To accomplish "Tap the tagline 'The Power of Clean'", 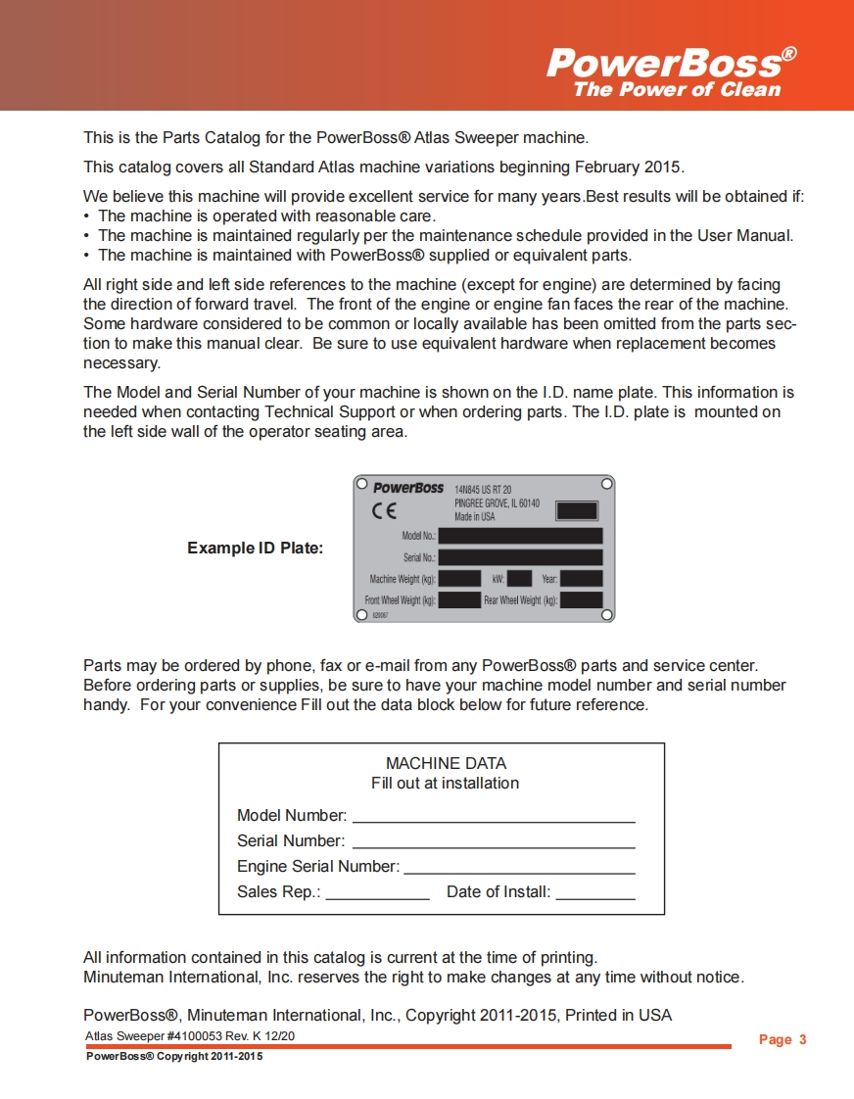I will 677,90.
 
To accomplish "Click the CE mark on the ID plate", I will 384,510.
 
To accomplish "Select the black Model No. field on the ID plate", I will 520,536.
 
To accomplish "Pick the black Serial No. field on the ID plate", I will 520,557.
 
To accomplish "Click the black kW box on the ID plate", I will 519,579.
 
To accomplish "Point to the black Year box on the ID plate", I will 581,579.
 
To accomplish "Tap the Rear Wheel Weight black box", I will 581,600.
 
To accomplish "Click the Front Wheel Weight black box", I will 459,600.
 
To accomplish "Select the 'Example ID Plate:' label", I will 255,549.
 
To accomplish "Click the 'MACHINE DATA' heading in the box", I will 446,763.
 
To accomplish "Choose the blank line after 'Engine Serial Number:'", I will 519,869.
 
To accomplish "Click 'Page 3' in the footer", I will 783,1040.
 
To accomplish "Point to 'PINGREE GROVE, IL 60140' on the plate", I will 497,502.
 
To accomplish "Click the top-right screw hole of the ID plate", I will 607,484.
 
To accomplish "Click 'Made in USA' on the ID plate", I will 474,516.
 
